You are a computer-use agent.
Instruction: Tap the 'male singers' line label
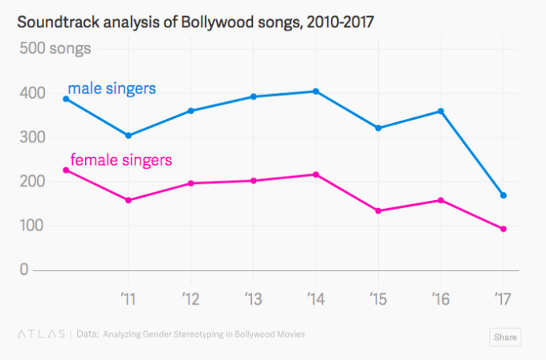click(x=111, y=88)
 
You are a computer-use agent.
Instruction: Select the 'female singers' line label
click(x=120, y=160)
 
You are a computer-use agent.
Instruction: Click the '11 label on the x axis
click(x=128, y=297)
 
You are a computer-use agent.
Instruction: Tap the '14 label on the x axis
click(x=316, y=297)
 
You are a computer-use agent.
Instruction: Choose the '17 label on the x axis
click(x=503, y=297)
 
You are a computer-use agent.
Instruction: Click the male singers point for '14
click(x=316, y=92)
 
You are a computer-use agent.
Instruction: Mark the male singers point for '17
click(x=503, y=195)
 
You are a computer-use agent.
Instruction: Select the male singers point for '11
click(x=128, y=135)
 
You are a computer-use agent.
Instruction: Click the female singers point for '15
click(x=378, y=211)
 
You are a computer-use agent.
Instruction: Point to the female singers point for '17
click(x=503, y=229)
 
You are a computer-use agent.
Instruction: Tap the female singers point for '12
click(x=191, y=183)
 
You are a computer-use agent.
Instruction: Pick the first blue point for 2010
click(x=66, y=99)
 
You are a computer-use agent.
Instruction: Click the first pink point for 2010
click(x=66, y=170)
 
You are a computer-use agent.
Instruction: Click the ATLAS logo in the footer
click(x=40, y=333)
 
